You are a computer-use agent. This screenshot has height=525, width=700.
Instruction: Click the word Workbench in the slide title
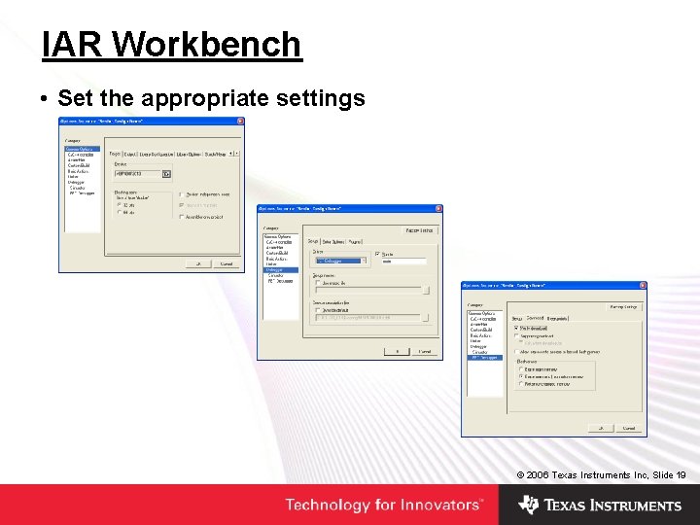(208, 45)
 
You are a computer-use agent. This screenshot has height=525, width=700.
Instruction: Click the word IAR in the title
(73, 45)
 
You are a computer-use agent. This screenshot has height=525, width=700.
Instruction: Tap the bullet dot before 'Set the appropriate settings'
(46, 99)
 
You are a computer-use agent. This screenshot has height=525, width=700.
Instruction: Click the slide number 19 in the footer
(681, 474)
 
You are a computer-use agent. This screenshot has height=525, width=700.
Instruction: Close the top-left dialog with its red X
(240, 122)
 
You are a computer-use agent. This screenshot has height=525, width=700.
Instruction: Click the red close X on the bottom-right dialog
(643, 286)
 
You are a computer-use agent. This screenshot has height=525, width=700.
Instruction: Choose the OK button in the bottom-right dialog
(603, 428)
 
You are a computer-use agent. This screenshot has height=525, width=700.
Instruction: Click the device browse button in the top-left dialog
(167, 174)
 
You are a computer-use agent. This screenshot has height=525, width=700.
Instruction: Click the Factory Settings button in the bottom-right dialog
(624, 306)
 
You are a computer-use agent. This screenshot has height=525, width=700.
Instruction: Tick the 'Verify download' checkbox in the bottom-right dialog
(516, 329)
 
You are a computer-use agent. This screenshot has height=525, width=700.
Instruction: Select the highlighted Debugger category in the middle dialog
(274, 269)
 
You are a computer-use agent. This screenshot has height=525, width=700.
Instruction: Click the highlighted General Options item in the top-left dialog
(81, 149)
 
